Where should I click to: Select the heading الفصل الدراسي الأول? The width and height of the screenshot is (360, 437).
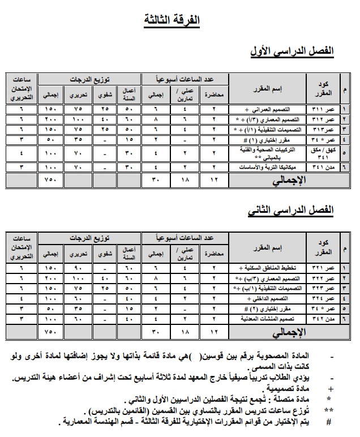[292, 52]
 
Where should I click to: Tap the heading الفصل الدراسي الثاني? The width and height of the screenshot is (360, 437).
[292, 211]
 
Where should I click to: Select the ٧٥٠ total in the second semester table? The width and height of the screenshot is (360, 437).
[51, 332]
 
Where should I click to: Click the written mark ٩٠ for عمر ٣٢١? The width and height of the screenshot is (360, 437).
[78, 268]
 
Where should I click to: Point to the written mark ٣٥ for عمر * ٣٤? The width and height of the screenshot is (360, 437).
[78, 139]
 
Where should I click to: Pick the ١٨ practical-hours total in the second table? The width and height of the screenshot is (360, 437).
[185, 332]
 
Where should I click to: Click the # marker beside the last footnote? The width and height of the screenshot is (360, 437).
[330, 422]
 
